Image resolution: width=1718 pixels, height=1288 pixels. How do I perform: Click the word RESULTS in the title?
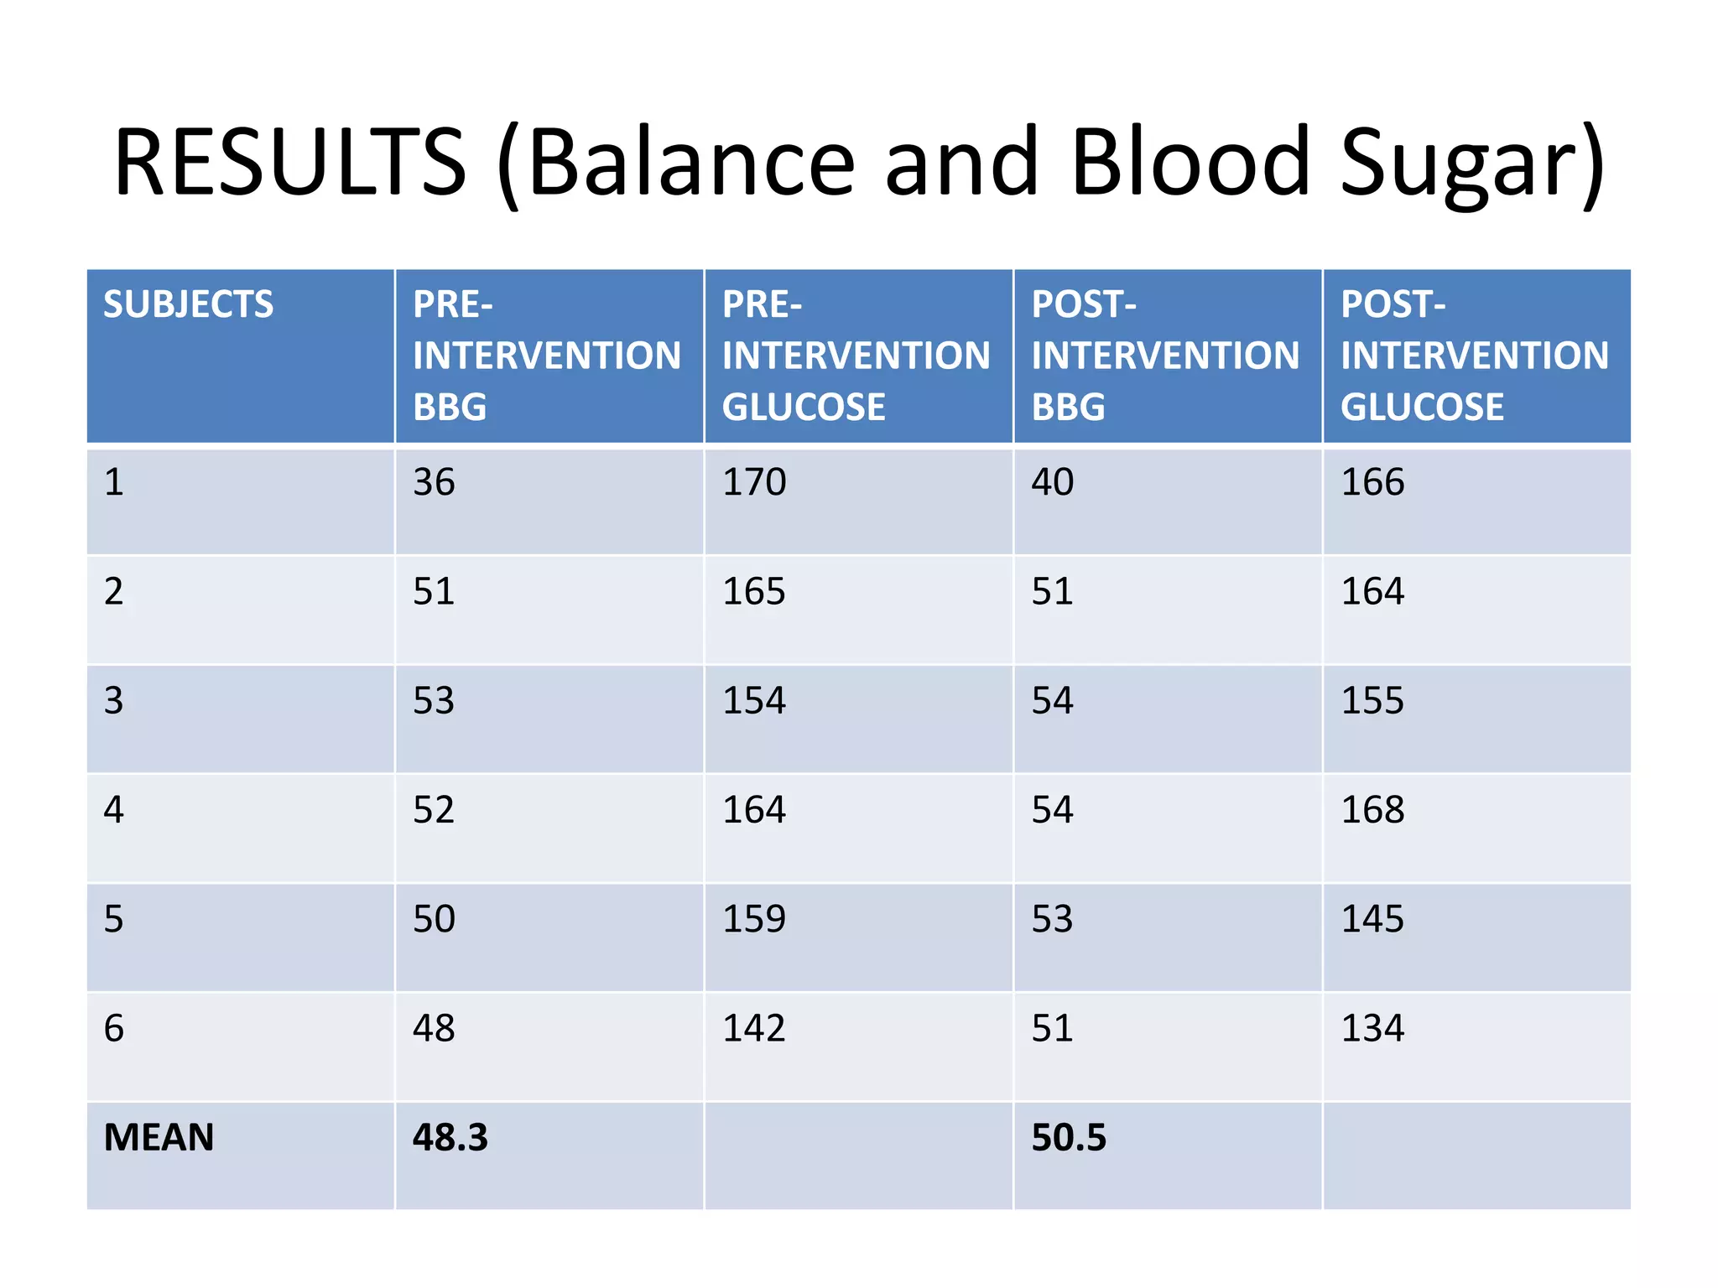[x=289, y=161]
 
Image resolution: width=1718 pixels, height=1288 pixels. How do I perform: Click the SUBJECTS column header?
[x=189, y=304]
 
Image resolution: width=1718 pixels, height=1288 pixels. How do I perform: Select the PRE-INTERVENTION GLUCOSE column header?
[x=856, y=356]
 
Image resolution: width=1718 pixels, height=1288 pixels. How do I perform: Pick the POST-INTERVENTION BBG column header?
[x=1165, y=356]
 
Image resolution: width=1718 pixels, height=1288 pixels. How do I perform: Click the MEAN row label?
[x=159, y=1138]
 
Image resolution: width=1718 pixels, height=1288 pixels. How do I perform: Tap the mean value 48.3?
[x=450, y=1138]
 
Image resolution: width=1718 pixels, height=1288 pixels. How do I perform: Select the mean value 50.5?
[x=1069, y=1138]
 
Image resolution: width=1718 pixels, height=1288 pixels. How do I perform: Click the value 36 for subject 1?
[x=434, y=482]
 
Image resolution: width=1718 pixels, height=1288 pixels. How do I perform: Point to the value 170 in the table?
[x=754, y=482]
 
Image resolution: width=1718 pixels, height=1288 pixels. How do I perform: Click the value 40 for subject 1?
[x=1052, y=482]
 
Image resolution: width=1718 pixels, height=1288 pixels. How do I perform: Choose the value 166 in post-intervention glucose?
[x=1372, y=482]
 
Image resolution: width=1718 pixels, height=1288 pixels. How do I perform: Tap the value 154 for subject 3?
[x=754, y=700]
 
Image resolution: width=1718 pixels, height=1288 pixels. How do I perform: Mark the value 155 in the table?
[x=1372, y=700]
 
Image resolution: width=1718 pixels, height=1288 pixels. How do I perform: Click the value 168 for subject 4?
[x=1372, y=810]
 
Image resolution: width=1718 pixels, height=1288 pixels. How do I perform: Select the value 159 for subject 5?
[x=754, y=919]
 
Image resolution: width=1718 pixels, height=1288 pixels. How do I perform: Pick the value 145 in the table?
[x=1372, y=919]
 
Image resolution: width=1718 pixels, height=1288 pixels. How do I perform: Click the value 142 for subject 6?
[x=754, y=1028]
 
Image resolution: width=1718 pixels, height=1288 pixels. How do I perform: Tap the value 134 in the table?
[x=1372, y=1028]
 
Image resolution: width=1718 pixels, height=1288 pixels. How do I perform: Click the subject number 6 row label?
[x=114, y=1028]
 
